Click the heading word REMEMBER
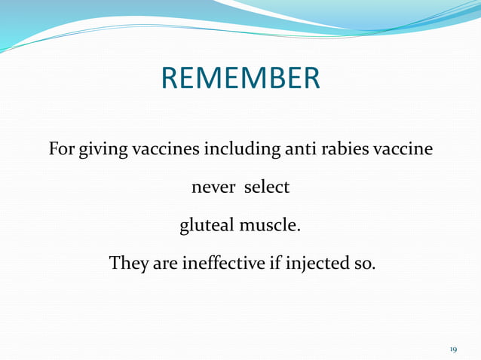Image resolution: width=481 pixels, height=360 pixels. (x=240, y=78)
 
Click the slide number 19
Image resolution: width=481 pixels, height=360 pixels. (x=454, y=349)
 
